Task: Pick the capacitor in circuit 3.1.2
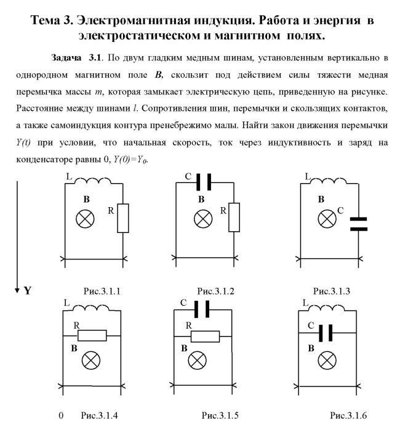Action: (204, 184)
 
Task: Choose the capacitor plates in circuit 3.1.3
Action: (358, 223)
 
